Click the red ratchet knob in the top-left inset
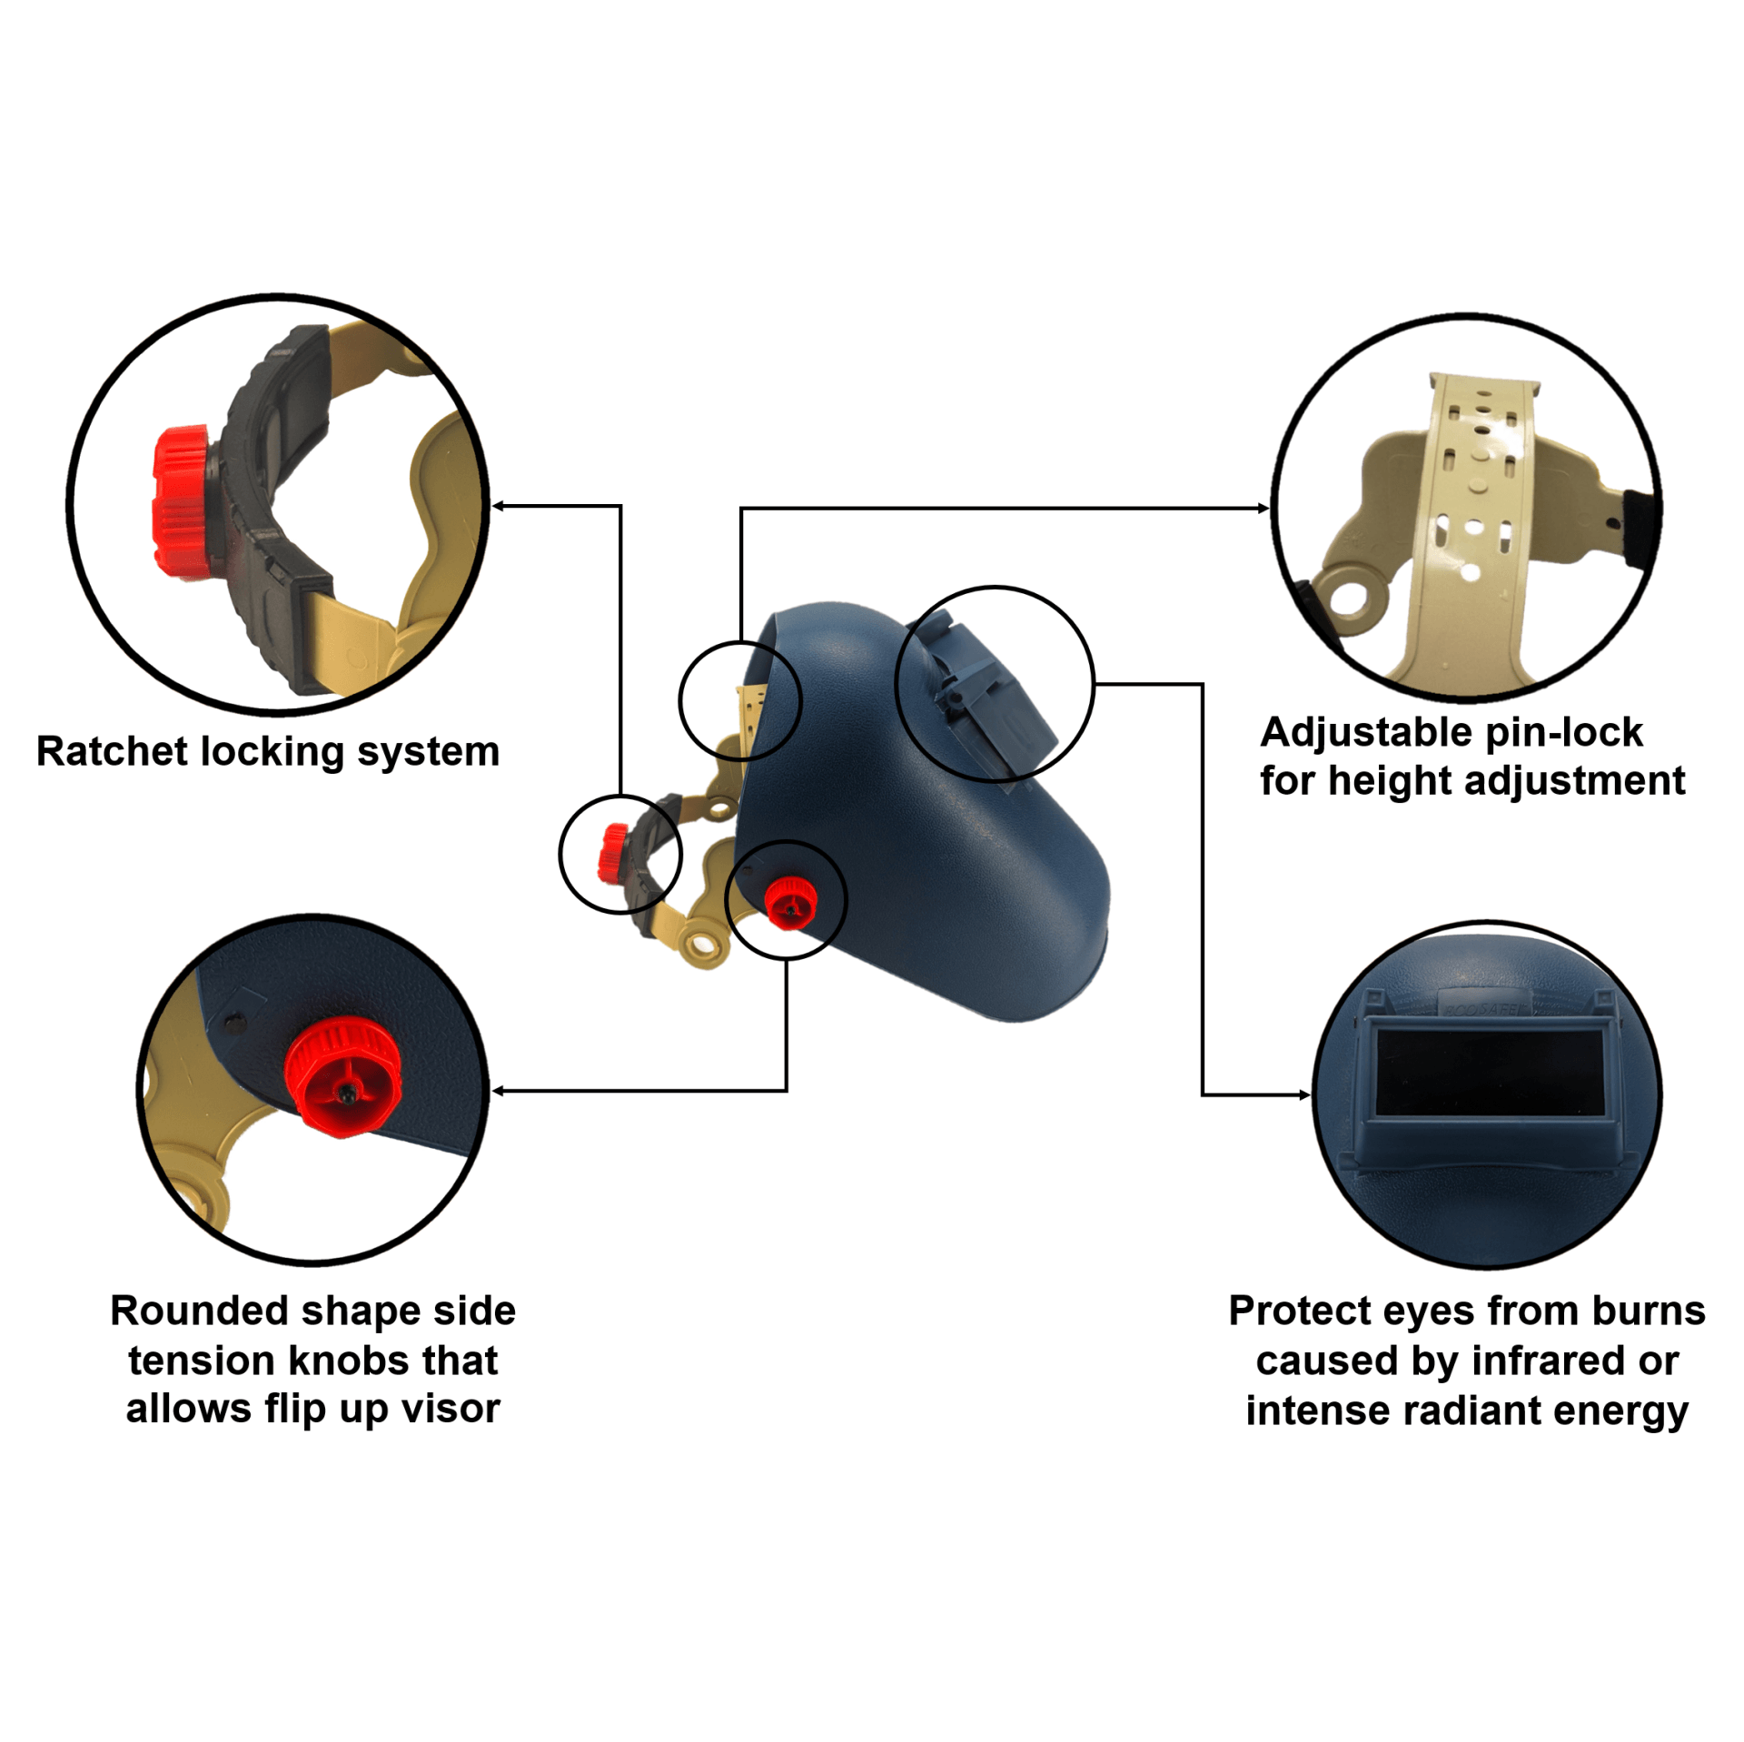(184, 501)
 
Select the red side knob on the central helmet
(789, 902)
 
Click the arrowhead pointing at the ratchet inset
(498, 506)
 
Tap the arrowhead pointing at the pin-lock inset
(1263, 508)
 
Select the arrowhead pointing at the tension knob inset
(498, 1091)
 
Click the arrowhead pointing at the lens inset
(1304, 1094)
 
